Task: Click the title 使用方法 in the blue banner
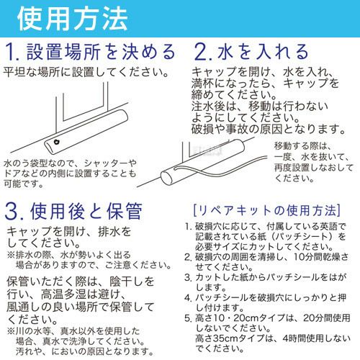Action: [x=72, y=19]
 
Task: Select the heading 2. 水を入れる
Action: [x=251, y=52]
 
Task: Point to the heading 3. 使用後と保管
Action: [x=73, y=211]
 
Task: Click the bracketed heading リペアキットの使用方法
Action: [x=267, y=210]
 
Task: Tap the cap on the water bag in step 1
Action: [x=57, y=142]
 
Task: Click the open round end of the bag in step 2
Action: [x=167, y=178]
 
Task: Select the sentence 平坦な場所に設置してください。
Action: [x=86, y=72]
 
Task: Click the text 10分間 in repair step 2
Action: [x=310, y=257]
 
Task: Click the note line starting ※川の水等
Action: [x=73, y=331]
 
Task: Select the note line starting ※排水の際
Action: [x=69, y=255]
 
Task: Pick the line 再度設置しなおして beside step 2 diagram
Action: [x=314, y=168]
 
